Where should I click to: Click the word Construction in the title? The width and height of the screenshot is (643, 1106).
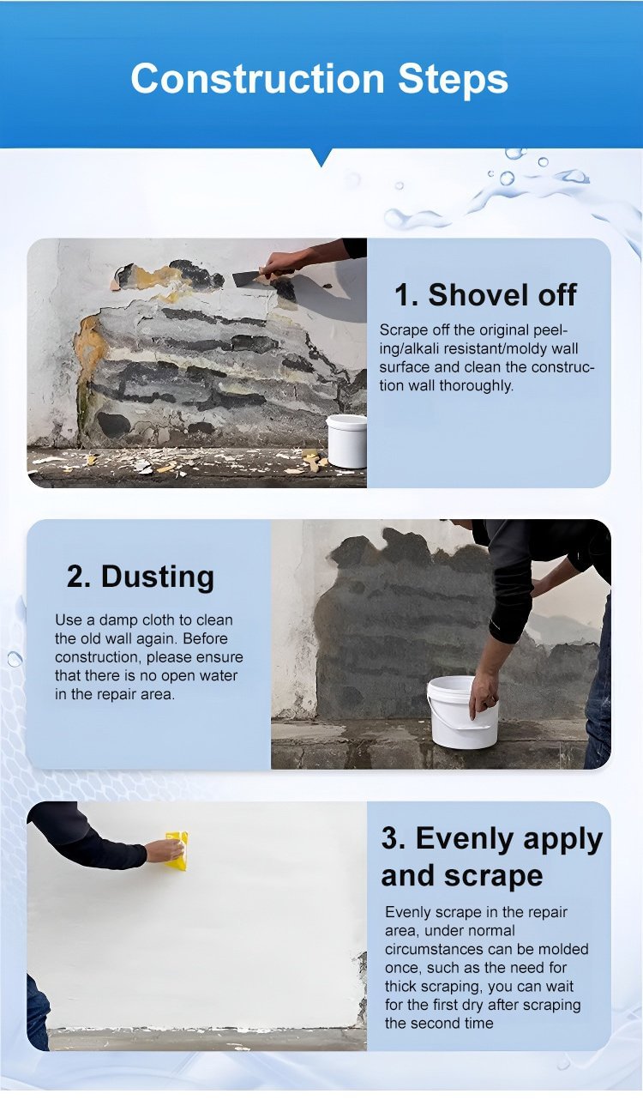point(257,78)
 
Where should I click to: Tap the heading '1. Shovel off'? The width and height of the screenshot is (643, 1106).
point(485,295)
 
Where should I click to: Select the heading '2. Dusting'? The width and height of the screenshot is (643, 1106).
point(141,577)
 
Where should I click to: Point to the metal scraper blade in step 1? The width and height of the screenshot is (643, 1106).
point(247,278)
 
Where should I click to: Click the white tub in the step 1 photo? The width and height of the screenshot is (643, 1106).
point(346,441)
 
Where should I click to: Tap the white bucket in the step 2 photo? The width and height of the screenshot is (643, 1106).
point(462,712)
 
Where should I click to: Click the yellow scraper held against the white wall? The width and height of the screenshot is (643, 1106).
point(177,849)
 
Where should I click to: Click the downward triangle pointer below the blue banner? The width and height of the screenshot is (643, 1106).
point(321,158)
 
